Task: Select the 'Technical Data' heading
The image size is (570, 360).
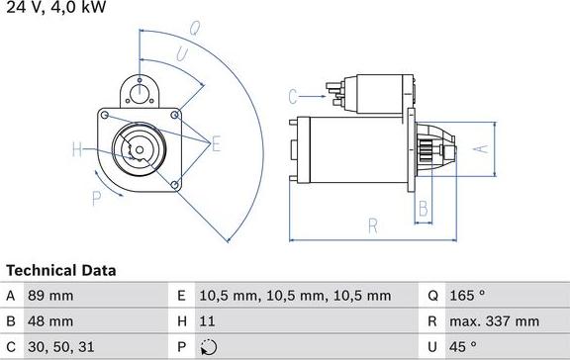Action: click(x=61, y=270)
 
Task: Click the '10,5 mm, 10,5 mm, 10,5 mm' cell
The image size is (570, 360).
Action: click(x=295, y=295)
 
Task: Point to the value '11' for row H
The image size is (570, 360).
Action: click(x=207, y=320)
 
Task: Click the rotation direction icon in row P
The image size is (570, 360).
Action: click(x=207, y=346)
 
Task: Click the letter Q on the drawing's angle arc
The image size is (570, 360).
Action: click(x=195, y=29)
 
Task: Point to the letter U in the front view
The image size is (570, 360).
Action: click(x=182, y=54)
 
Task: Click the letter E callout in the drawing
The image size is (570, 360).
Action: click(x=216, y=144)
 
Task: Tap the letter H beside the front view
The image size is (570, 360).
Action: click(x=77, y=150)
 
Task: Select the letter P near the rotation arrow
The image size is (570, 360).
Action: click(x=97, y=199)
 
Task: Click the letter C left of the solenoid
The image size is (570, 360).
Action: click(x=293, y=96)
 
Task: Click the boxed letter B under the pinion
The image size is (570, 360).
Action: click(x=423, y=208)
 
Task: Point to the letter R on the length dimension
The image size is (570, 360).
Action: click(x=373, y=225)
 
